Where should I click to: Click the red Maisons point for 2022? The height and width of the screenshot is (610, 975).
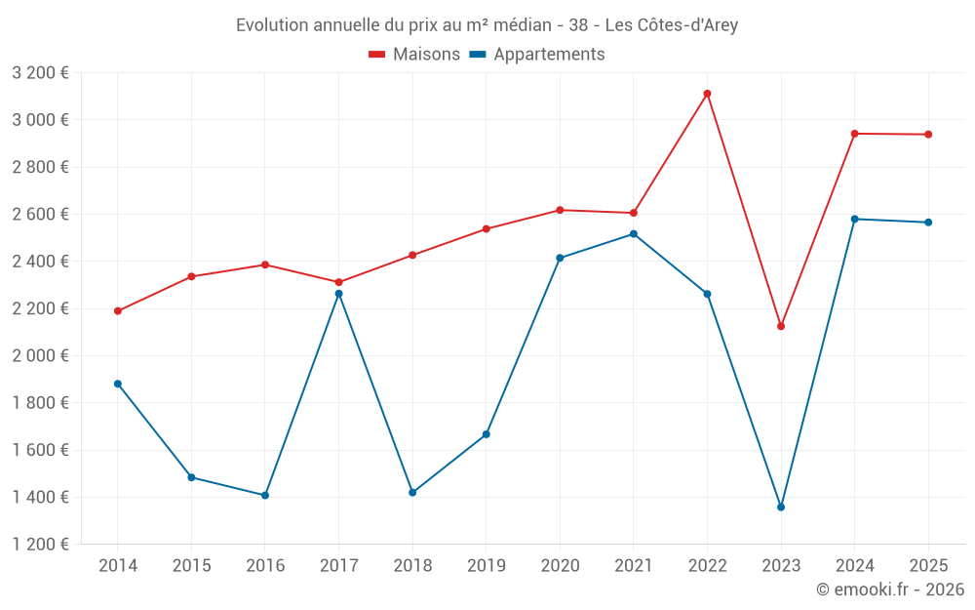(707, 94)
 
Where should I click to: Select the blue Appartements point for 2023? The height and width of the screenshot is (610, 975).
(781, 508)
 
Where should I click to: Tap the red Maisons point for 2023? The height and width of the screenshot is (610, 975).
(781, 326)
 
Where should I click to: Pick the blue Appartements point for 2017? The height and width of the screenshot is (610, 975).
(338, 294)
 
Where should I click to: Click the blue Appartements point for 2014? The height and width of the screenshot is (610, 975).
(118, 384)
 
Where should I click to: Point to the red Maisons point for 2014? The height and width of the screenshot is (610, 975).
(118, 311)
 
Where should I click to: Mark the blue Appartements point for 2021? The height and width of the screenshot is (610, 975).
(634, 234)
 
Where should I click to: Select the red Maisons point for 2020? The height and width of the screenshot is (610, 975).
(560, 210)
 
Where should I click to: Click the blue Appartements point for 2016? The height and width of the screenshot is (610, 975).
(265, 496)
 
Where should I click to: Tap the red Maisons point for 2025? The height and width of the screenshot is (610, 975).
(928, 135)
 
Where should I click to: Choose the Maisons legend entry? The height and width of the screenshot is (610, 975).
(414, 55)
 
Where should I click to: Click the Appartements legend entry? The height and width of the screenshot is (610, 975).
(537, 55)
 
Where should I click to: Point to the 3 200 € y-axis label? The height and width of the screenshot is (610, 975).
(40, 73)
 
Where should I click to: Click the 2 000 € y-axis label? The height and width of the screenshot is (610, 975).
(40, 356)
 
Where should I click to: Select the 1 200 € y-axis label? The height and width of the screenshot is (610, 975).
(40, 545)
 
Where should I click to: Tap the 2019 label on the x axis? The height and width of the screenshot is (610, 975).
(486, 566)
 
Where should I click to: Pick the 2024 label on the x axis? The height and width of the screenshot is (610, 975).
(854, 566)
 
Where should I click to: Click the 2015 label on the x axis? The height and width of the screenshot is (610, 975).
(191, 566)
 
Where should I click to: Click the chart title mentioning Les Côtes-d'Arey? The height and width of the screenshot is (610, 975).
(487, 25)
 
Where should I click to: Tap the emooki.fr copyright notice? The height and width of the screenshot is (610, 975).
(889, 590)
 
